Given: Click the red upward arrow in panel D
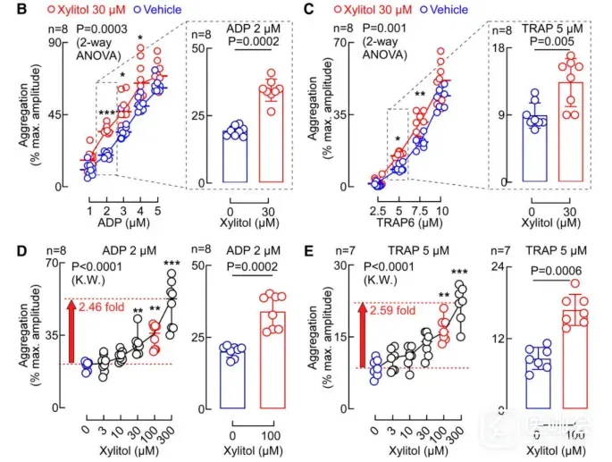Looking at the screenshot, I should [71, 332].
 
